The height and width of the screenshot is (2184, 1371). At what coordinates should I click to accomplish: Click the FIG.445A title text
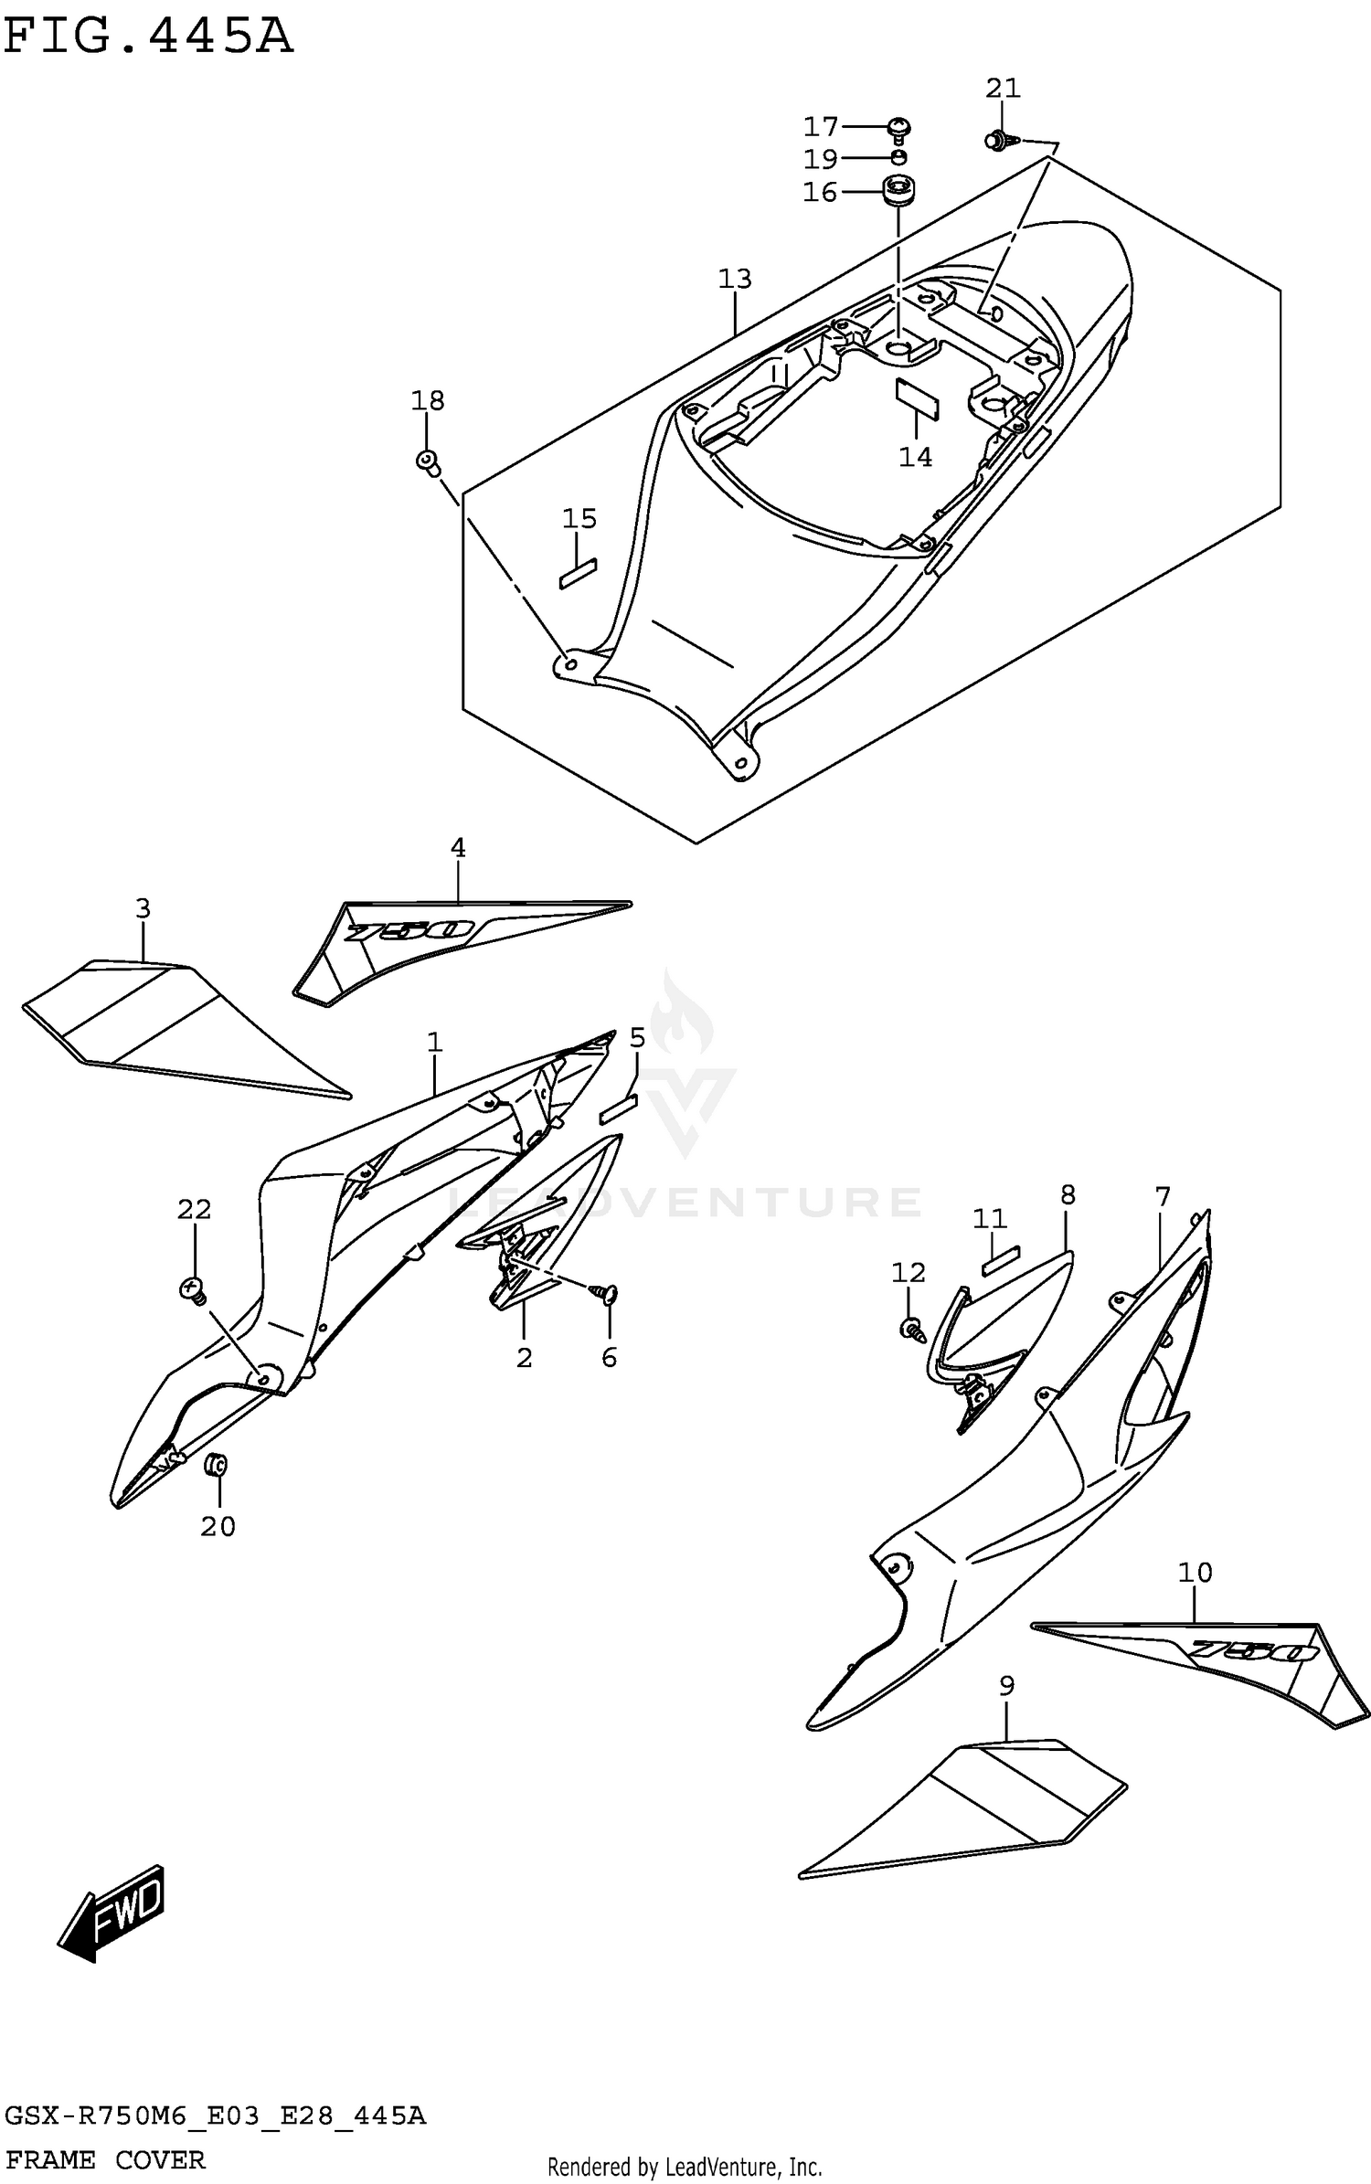(x=148, y=38)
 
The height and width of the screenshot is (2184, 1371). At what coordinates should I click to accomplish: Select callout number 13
(x=734, y=279)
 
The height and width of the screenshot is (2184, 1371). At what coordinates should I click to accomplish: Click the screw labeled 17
(x=899, y=130)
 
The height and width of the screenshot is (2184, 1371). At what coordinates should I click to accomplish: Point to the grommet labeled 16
(x=898, y=193)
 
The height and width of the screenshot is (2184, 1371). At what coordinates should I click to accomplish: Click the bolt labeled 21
(x=996, y=141)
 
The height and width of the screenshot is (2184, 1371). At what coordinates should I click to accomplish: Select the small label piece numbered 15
(x=578, y=574)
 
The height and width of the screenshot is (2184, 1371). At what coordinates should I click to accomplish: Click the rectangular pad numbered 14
(x=916, y=398)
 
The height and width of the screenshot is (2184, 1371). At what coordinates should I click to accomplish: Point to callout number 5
(x=637, y=1037)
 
